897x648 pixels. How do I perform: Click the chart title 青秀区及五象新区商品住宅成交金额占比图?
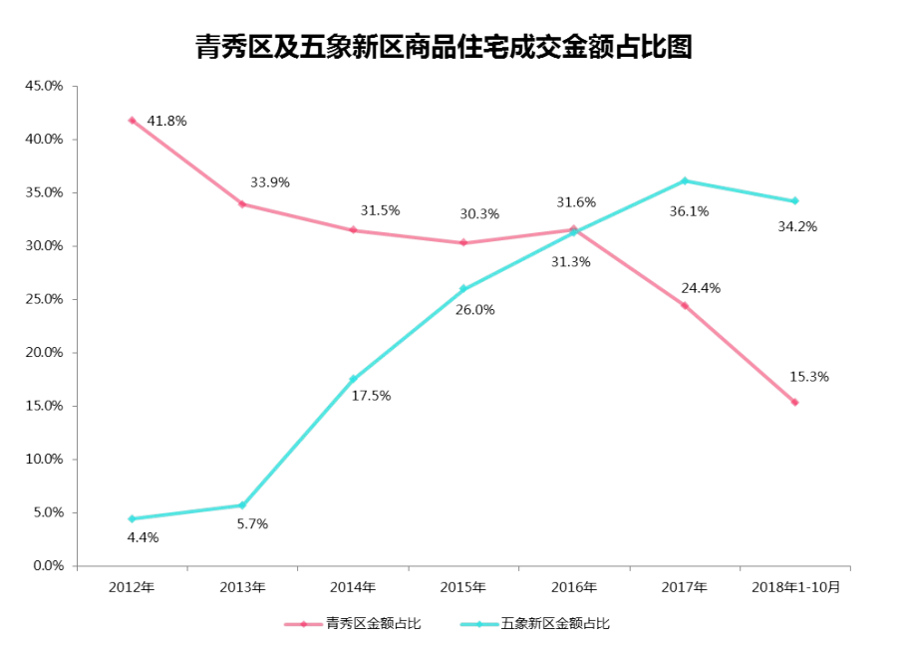(x=444, y=47)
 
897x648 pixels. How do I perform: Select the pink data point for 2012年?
(x=133, y=121)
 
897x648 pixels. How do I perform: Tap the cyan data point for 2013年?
(x=242, y=505)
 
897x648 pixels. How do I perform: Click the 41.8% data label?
(x=166, y=121)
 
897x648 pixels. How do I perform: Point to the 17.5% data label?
(x=371, y=396)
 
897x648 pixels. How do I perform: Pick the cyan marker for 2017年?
(x=684, y=180)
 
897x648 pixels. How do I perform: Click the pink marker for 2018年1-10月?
(x=794, y=403)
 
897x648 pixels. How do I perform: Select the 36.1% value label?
(x=690, y=211)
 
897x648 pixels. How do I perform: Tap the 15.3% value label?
(x=809, y=377)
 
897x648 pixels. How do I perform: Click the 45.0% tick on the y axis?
(x=44, y=86)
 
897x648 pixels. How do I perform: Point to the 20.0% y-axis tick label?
(x=44, y=353)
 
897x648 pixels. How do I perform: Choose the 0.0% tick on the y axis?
(x=48, y=565)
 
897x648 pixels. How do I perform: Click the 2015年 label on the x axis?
(x=463, y=587)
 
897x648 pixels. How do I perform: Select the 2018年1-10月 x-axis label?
(x=795, y=587)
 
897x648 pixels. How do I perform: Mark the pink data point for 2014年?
(x=353, y=230)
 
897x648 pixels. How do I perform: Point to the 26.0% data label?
(x=474, y=310)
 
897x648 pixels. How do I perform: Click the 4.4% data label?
(x=143, y=537)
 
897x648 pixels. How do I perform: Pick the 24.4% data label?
(x=701, y=288)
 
